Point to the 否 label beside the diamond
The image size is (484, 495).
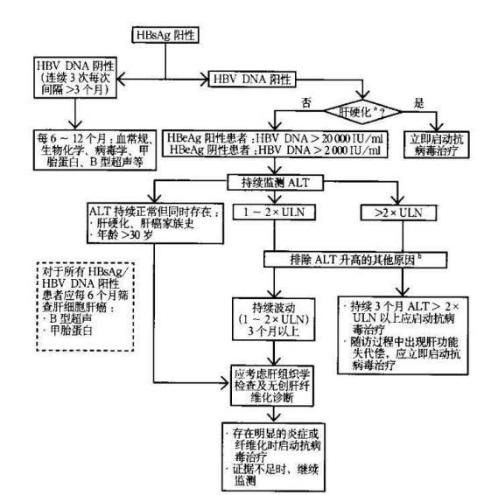[x=306, y=101]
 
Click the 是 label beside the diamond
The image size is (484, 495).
[x=418, y=101]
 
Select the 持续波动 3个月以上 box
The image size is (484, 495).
[x=271, y=317]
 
